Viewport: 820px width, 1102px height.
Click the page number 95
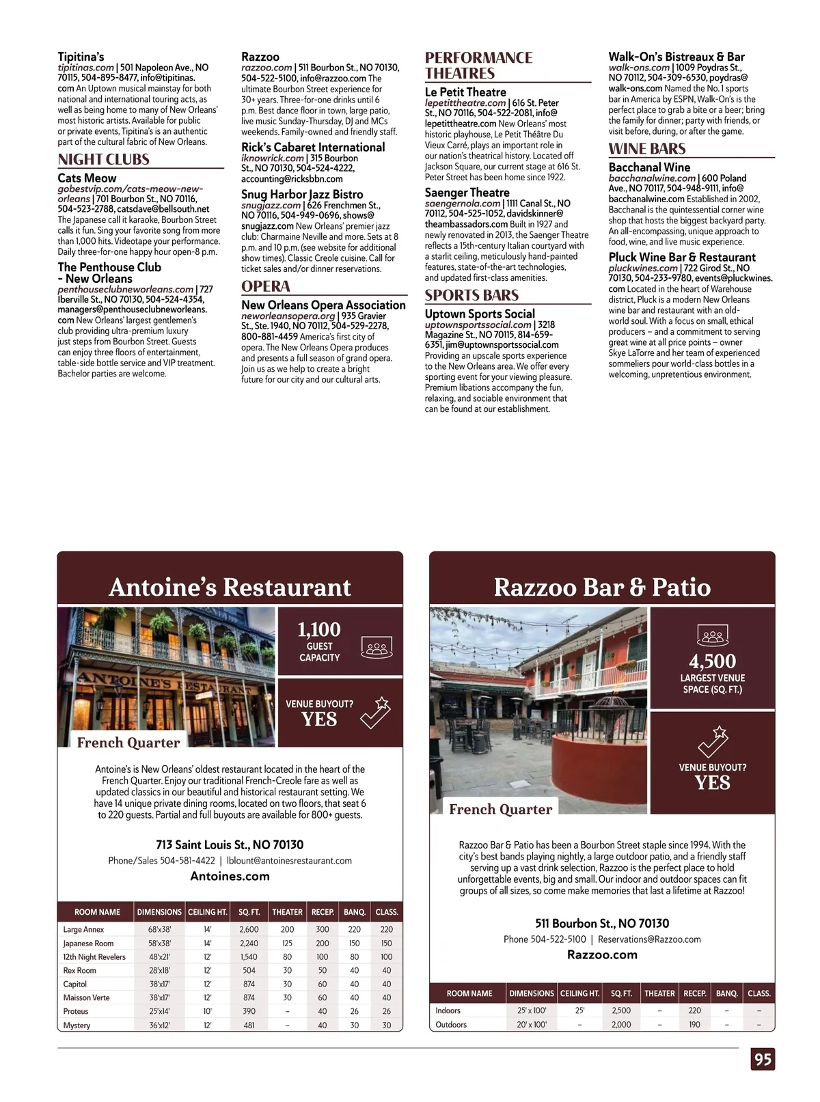[763, 1059]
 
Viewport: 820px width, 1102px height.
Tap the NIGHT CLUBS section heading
[103, 159]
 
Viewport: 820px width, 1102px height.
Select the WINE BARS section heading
[646, 148]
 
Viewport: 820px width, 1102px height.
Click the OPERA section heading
[265, 286]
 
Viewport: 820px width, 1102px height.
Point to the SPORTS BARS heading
[471, 295]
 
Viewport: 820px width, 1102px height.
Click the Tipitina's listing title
[81, 57]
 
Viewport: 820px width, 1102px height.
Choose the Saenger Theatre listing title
[467, 193]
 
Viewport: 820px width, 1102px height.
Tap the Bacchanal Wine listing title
[649, 167]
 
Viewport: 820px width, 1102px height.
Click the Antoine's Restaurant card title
[230, 587]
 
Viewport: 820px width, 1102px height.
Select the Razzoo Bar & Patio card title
[602, 587]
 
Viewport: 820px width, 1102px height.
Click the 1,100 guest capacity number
[318, 629]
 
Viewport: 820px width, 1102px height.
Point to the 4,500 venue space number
[712, 661]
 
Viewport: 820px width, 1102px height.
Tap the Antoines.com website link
[230, 876]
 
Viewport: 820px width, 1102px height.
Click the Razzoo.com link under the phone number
[602, 954]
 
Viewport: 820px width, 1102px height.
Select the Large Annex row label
[83, 929]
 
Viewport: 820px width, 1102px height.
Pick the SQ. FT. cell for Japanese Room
[249, 943]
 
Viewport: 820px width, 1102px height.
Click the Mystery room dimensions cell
[159, 1025]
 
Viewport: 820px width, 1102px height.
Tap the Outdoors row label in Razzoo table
[451, 1024]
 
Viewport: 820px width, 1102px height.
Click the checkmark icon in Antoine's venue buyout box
[375, 712]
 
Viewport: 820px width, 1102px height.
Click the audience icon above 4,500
[712, 635]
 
